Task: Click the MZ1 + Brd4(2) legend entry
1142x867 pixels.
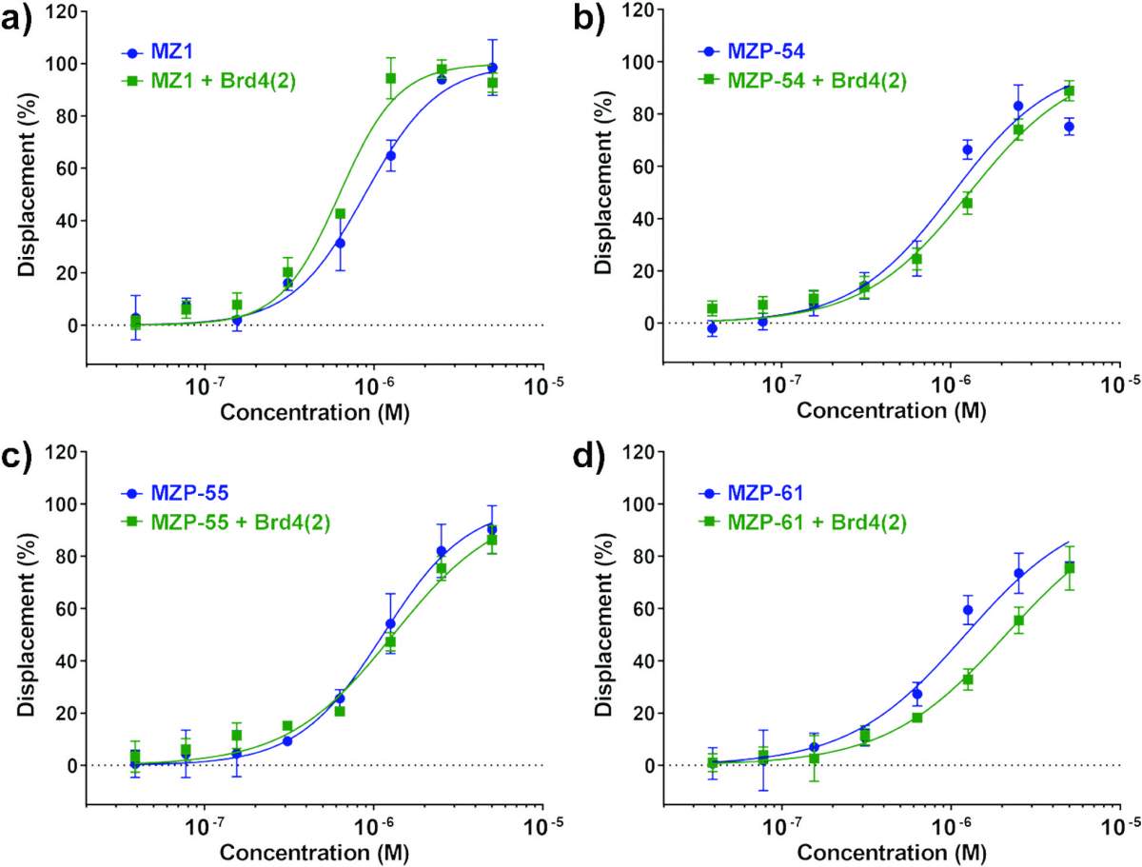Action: [208, 81]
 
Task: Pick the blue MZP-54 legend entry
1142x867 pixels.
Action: [750, 51]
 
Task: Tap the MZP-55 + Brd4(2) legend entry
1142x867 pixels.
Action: [226, 522]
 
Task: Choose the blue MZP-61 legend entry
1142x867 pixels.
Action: [750, 493]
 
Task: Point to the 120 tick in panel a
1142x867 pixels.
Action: [63, 11]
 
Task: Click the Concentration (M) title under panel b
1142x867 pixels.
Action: [891, 411]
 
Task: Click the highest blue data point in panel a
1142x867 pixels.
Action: [492, 68]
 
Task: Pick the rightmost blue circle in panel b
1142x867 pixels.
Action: [1069, 127]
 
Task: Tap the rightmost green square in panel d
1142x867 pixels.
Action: [1069, 568]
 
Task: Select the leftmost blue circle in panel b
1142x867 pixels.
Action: [712, 328]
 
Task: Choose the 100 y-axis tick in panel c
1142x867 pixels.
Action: [63, 504]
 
